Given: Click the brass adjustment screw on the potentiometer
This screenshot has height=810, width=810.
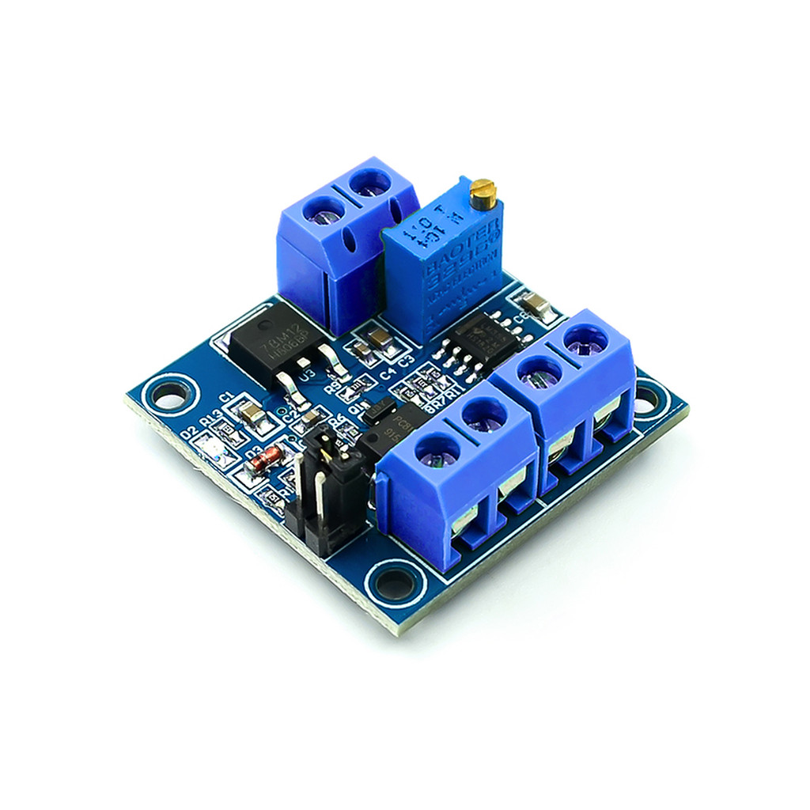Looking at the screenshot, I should coord(482,190).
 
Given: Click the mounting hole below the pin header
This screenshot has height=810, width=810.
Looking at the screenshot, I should coord(393,584).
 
